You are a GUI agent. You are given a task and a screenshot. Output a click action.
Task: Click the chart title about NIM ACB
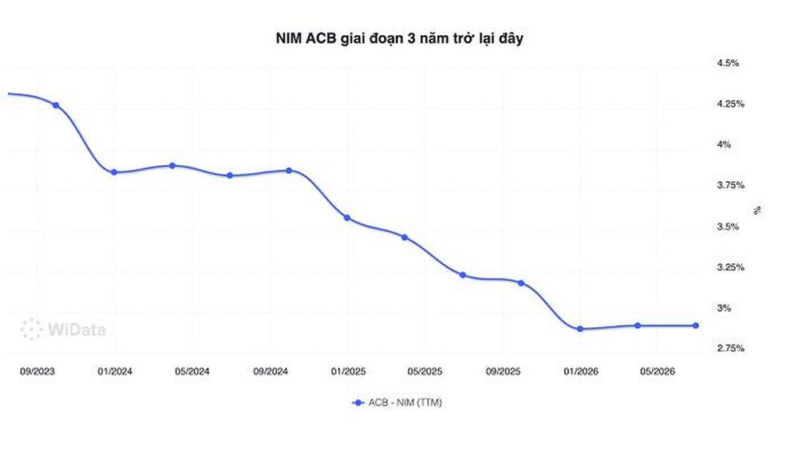pos(400,38)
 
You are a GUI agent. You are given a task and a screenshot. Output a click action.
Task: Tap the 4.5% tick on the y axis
pos(728,63)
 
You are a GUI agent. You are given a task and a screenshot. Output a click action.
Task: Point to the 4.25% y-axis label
pos(731,104)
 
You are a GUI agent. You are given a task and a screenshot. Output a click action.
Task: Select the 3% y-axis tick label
pos(724,308)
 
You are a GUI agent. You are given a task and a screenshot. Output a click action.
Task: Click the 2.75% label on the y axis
pos(731,349)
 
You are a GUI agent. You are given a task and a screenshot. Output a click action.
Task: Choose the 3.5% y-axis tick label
pos(728,227)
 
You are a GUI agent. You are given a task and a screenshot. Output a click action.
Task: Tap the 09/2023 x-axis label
pos(38,372)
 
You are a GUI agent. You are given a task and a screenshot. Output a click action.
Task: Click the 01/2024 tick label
pos(115,372)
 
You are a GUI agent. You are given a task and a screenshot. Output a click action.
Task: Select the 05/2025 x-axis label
pos(425,372)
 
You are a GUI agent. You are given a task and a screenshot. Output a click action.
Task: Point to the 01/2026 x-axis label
pos(581,372)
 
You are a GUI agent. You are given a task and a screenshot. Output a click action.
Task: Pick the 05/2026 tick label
pos(658,372)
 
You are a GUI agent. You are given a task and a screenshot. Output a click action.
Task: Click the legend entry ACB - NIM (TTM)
pos(397,402)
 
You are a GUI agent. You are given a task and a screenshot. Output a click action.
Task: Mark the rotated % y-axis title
pos(757,210)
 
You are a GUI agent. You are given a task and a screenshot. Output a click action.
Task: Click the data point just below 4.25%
pos(56,105)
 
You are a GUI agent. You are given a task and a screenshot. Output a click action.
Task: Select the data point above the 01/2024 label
pos(114,172)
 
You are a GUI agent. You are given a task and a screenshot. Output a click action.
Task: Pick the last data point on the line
pos(696,326)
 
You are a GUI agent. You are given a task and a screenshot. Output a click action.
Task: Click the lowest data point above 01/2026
pos(580,330)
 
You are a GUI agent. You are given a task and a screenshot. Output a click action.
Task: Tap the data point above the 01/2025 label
pos(347,218)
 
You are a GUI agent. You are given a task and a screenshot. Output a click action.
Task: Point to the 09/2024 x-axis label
pos(271,372)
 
